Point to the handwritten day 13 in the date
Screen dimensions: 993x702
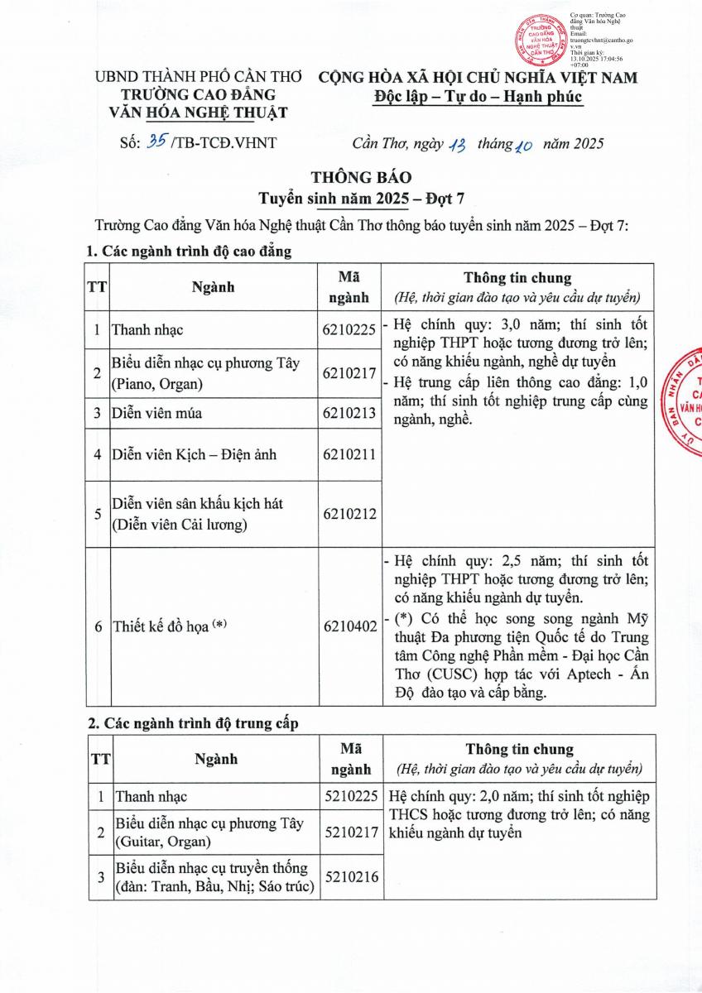click(x=458, y=144)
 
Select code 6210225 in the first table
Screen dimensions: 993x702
click(x=349, y=330)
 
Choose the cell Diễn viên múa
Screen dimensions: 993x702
click(x=157, y=413)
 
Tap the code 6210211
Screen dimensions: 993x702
click(x=349, y=454)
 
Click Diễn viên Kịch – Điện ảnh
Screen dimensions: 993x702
click(x=195, y=454)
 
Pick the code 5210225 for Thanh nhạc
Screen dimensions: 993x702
click(x=352, y=796)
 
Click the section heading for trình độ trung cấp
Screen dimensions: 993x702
click(x=193, y=722)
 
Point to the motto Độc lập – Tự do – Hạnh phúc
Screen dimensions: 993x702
click(x=477, y=98)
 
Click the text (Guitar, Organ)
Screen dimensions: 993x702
click(x=163, y=842)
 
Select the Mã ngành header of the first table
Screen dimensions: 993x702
click(x=349, y=286)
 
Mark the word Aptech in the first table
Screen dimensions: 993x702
click(x=584, y=674)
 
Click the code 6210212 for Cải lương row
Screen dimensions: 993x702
click(x=349, y=514)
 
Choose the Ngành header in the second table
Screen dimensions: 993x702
click(x=216, y=758)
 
